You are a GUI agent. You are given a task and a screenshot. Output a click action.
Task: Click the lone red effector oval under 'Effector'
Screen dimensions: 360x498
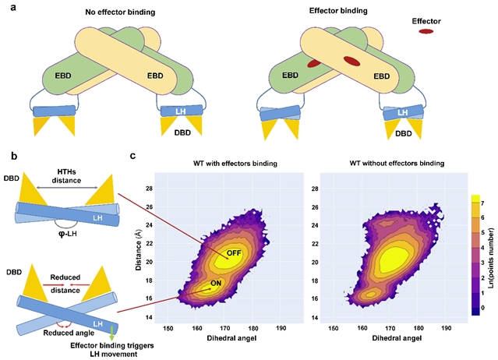[x=426, y=32]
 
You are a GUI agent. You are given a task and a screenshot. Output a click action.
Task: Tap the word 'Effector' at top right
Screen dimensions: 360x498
[x=426, y=12]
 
